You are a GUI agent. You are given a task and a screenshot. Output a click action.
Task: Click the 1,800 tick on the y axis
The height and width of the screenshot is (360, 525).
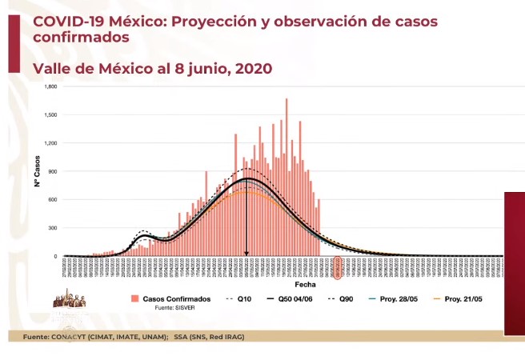tap(52, 86)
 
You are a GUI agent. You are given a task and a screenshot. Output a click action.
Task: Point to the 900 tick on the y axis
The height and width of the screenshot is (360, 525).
tap(54, 171)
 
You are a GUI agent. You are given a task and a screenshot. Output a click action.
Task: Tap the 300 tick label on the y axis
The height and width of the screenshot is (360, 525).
tap(54, 228)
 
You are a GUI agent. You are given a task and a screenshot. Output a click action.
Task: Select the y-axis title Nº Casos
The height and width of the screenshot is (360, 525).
tap(37, 171)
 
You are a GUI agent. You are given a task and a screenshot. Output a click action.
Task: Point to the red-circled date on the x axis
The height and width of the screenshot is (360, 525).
tap(338, 267)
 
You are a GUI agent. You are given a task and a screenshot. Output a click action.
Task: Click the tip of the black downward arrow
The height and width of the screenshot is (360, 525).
tap(246, 254)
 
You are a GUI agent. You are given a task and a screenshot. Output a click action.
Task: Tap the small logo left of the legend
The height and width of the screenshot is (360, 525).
tap(74, 298)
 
